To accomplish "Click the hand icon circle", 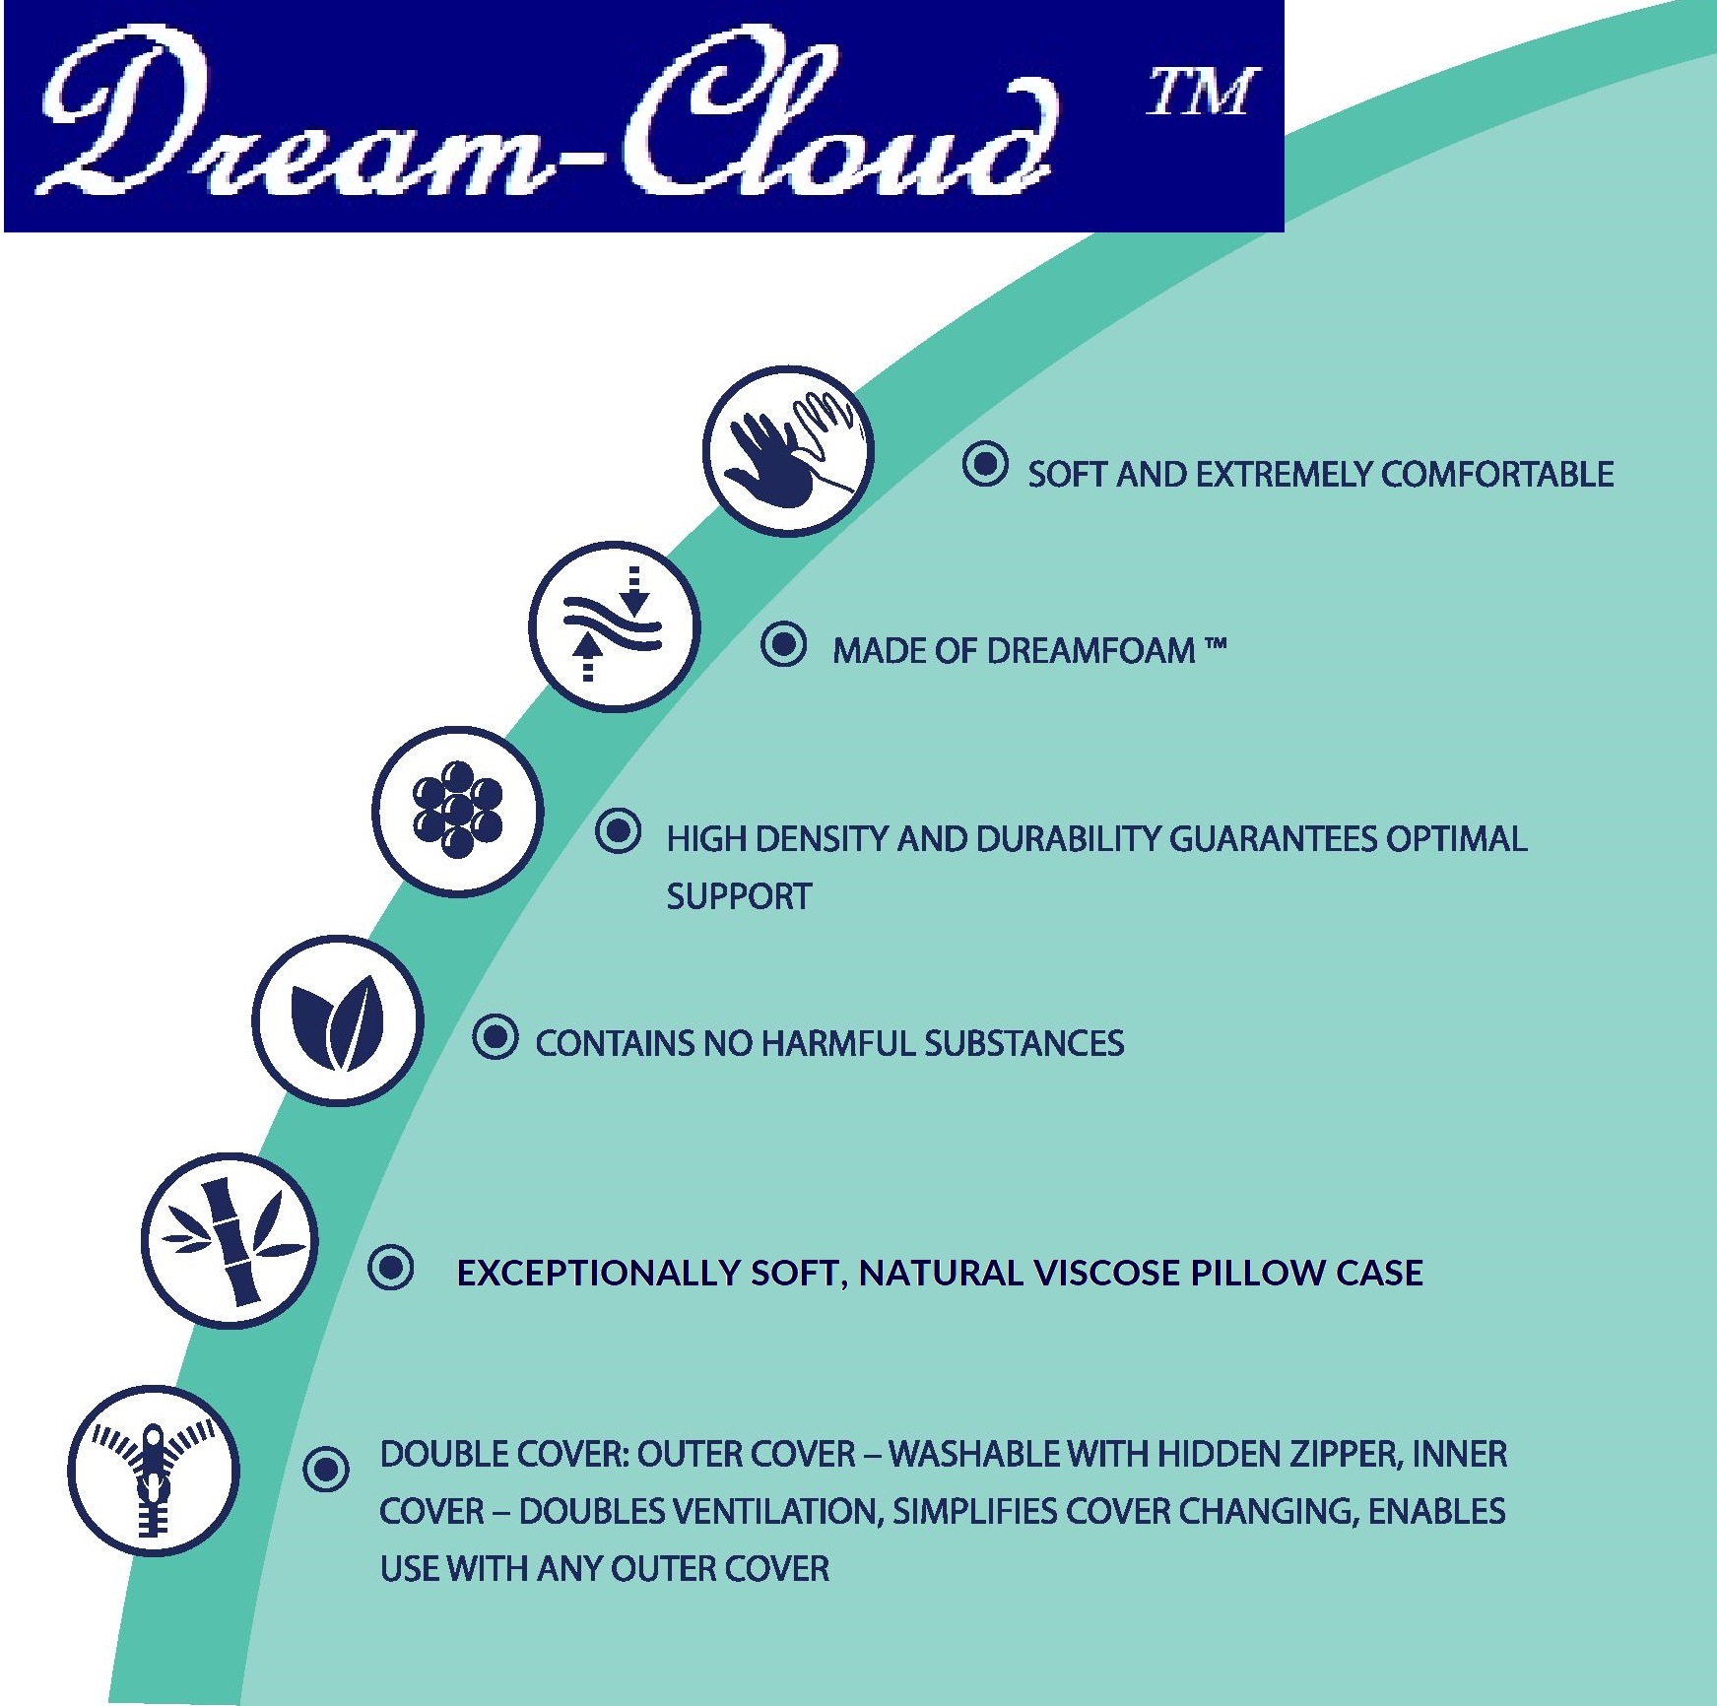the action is click(x=788, y=451).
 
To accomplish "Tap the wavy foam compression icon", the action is click(x=614, y=625).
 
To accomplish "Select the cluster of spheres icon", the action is click(x=458, y=812).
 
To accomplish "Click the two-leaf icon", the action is click(x=338, y=1020).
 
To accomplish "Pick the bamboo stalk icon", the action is click(x=230, y=1240).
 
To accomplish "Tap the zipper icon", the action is click(x=154, y=1471).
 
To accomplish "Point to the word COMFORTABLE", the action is click(x=1497, y=475).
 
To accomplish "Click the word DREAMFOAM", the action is click(x=1091, y=651).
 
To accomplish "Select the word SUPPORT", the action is click(x=739, y=897).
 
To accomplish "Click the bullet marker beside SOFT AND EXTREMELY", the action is click(x=984, y=464).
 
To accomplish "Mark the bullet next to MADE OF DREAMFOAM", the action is click(x=784, y=645).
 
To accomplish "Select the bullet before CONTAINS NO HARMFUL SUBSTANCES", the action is click(x=495, y=1037).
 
